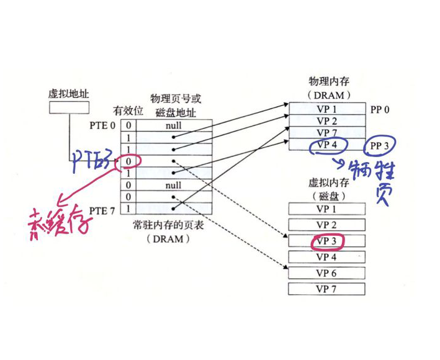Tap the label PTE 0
tap(102, 125)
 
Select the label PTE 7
tap(102, 211)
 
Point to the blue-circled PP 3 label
tap(381, 146)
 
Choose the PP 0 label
tap(380, 110)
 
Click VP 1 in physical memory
tap(327, 110)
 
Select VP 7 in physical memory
tap(327, 133)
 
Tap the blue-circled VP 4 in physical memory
tap(327, 145)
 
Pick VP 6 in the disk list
tap(327, 273)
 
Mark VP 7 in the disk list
tap(327, 289)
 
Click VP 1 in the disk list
tap(327, 209)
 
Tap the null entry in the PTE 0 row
tap(174, 125)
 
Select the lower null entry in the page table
tap(174, 186)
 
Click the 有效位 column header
tap(128, 111)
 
